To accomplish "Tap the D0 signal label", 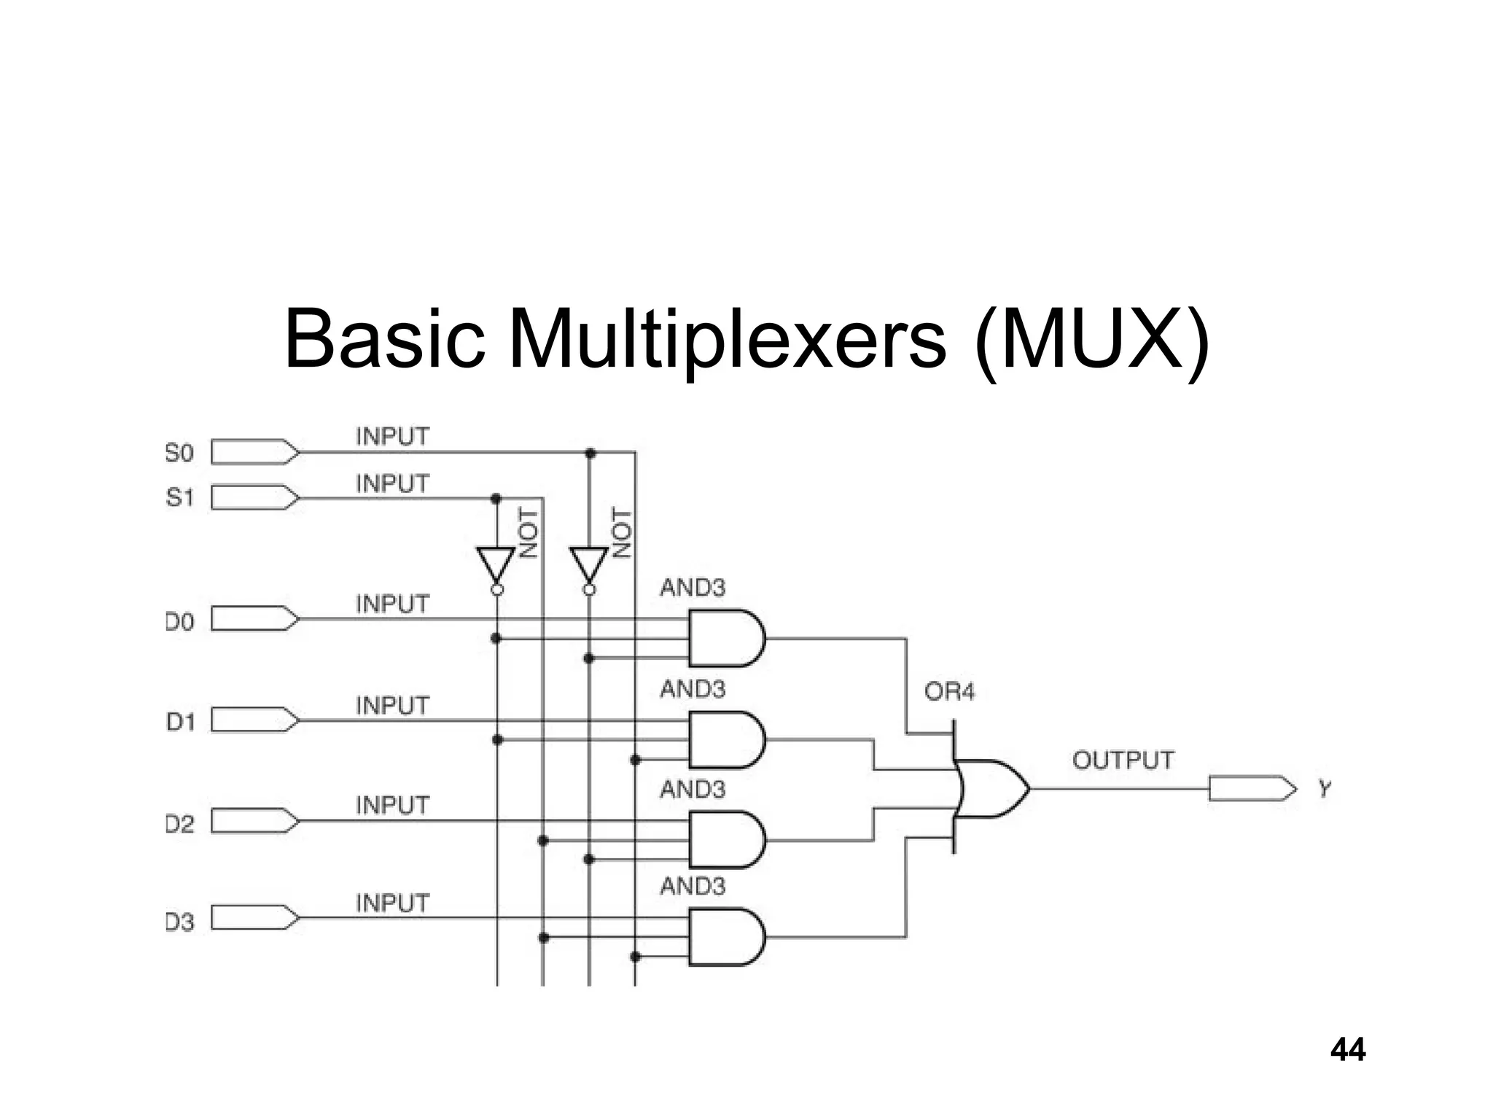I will pos(179,622).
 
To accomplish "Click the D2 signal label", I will pos(179,825).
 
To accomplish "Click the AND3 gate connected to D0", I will pos(725,638).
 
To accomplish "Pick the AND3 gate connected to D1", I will pos(725,739).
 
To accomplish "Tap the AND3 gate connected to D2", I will pos(725,840).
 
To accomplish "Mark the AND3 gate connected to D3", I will pos(725,937).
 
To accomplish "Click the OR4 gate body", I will pos(991,788).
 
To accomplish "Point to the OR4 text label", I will pos(948,691).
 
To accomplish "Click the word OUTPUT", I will pos(1123,761).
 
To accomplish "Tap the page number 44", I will pos(1347,1050).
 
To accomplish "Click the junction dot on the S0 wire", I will pos(590,454).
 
